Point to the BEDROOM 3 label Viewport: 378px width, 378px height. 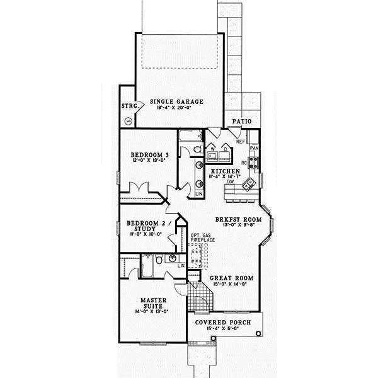[x=150, y=155]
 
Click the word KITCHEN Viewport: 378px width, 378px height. [x=225, y=171]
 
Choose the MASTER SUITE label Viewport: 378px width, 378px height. [x=152, y=303]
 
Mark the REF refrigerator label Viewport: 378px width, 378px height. [x=240, y=142]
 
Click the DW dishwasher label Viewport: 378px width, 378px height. [x=231, y=182]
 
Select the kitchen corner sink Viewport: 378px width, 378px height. [x=249, y=183]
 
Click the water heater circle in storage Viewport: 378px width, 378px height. [x=130, y=120]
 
